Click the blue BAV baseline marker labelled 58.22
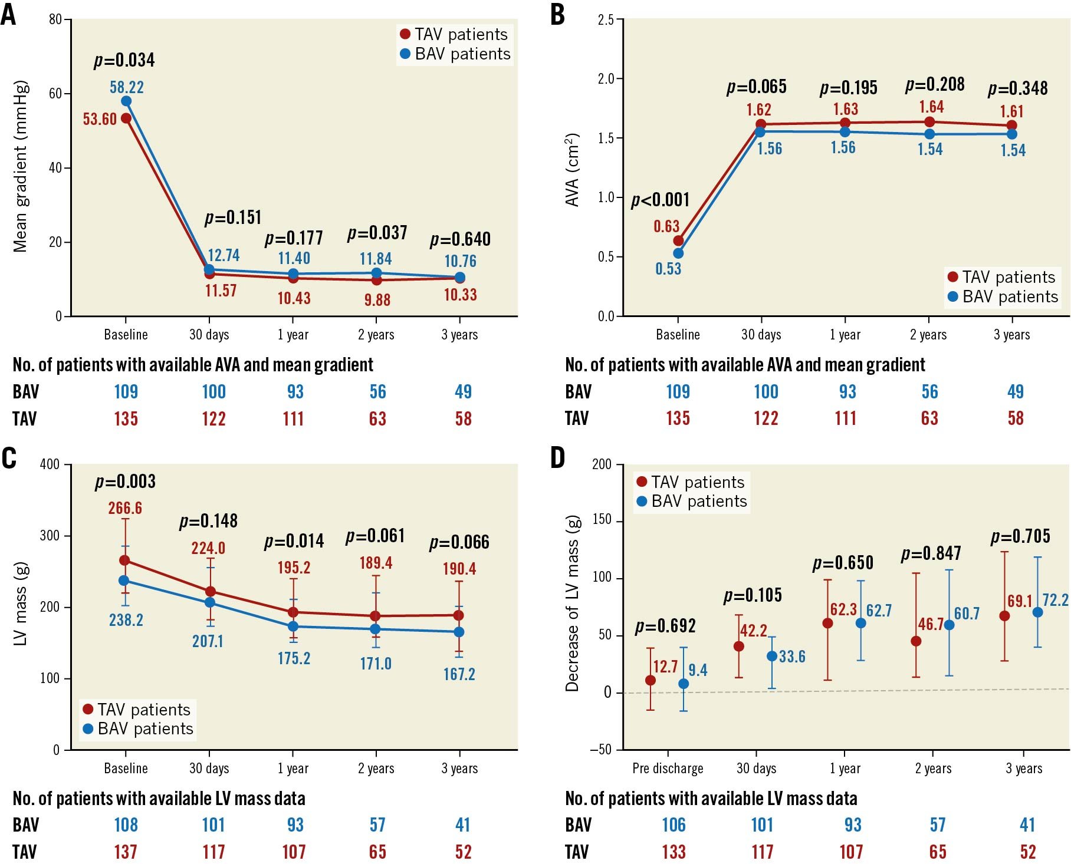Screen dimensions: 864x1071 126,101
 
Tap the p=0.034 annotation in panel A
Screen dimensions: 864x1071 124,60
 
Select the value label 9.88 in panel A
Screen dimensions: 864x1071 377,300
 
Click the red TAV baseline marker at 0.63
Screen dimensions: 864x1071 678,240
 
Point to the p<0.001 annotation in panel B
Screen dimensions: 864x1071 660,200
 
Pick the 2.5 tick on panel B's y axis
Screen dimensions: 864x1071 606,20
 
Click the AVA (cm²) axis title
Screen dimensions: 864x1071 572,170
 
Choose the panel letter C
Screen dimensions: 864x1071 9,458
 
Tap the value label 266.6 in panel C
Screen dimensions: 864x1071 125,508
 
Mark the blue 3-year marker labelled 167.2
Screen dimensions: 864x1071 459,632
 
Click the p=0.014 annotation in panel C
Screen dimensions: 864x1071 294,541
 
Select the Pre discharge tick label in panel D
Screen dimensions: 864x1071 668,769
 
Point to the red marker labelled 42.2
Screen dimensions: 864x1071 738,647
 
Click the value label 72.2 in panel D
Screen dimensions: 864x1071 1055,600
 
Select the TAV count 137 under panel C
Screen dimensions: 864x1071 126,852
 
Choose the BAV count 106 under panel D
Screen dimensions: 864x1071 674,825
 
